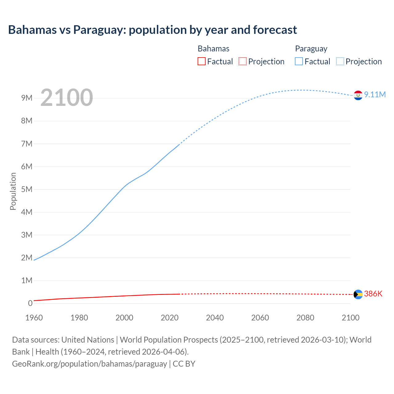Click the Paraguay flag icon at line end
coord(358,95)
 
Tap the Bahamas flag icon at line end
coord(358,295)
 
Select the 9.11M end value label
coord(375,94)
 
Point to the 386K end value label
coord(373,294)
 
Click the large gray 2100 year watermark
coord(66,98)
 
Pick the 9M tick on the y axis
coord(27,98)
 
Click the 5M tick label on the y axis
coord(27,189)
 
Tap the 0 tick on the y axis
coord(30,303)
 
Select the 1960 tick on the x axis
coord(34,318)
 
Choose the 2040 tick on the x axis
coord(215,318)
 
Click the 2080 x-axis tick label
coord(305,318)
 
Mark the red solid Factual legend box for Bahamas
coord(202,62)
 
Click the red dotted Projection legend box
coord(243,62)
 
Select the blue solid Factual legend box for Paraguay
coord(299,62)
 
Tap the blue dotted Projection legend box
coord(340,62)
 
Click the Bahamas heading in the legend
coord(213,49)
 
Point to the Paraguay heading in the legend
coord(311,49)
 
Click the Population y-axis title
coord(13,191)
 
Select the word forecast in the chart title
coord(275,30)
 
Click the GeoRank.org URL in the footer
coord(89,364)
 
